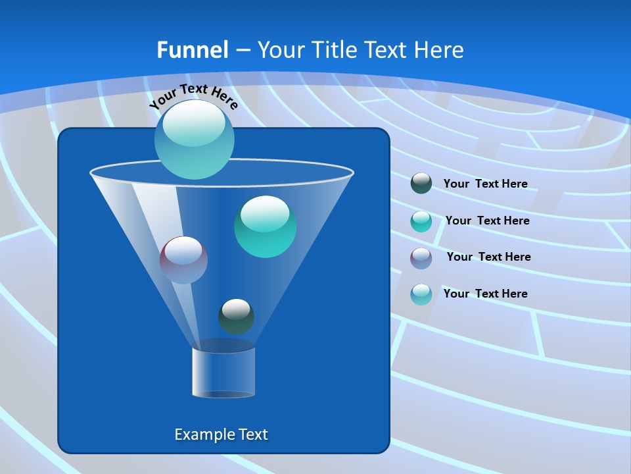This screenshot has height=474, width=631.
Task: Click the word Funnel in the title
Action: click(192, 50)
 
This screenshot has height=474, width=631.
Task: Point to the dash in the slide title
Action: click(242, 51)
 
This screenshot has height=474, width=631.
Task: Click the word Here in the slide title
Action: click(440, 50)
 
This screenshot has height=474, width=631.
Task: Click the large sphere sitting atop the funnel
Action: click(194, 139)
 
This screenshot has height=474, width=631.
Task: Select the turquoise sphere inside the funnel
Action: click(265, 226)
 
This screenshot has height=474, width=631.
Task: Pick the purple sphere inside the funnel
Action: click(183, 260)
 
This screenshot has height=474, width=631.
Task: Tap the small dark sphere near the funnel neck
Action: click(236, 316)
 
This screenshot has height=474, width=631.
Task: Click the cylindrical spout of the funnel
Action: click(223, 372)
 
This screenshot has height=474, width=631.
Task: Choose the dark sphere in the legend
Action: click(421, 184)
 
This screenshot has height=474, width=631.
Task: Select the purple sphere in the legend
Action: click(421, 257)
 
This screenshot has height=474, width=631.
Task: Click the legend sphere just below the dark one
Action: click(421, 221)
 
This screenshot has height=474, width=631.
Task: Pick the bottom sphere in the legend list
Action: click(421, 294)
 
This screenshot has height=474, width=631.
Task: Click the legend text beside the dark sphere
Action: click(485, 184)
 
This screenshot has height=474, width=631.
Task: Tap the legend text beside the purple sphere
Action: click(488, 257)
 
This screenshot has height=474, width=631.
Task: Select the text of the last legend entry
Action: click(485, 294)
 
